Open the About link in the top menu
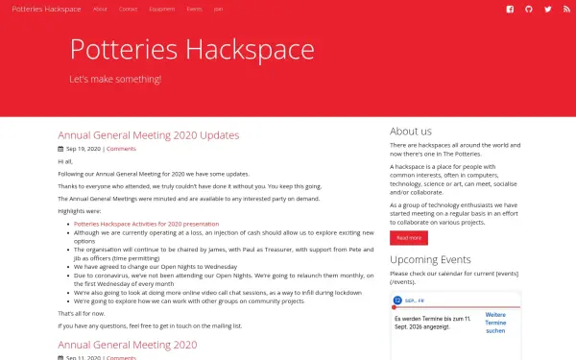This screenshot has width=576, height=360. pos(100,9)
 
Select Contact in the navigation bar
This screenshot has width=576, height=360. pos(128,9)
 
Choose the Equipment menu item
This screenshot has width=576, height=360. pos(162,9)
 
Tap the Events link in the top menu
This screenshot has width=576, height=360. pos(195,9)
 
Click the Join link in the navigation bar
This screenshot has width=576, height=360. pos(219,9)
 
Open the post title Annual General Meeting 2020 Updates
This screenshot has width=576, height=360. pos(148,135)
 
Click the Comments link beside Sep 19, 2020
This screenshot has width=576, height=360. pos(121,150)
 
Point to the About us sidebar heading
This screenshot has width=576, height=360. pos(411,132)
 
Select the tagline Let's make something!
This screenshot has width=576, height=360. pos(116,79)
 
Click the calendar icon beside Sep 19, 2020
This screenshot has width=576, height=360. pos(60,150)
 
